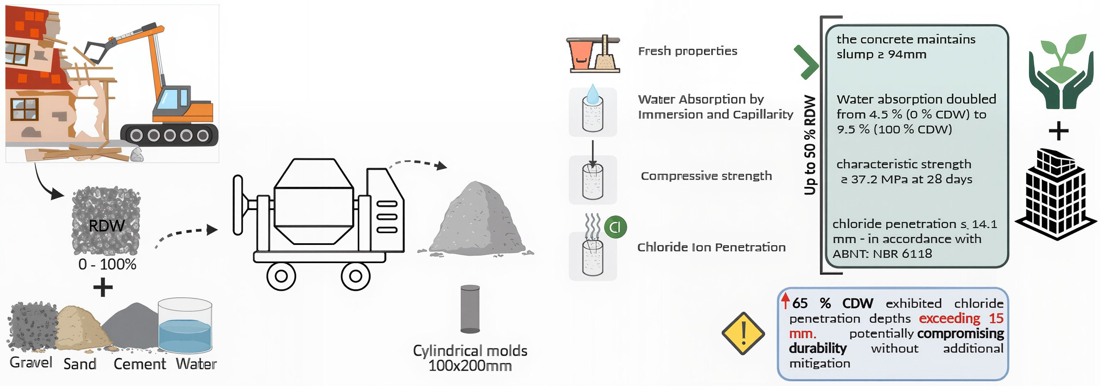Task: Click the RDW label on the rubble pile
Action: coord(106,226)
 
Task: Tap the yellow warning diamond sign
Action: coord(743,333)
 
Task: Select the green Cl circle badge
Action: coord(615,227)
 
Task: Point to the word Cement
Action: coord(139,364)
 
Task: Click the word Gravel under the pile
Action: coord(31,362)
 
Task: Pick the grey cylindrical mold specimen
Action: coord(470,309)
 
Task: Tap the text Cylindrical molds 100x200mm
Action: coord(470,358)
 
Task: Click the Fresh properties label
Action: coord(687,51)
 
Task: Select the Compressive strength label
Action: coord(706,176)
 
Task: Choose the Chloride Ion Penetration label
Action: coord(711,247)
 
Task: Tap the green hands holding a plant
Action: coord(1057,73)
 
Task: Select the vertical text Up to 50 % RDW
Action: coord(810,145)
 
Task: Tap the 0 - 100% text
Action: coord(107,264)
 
